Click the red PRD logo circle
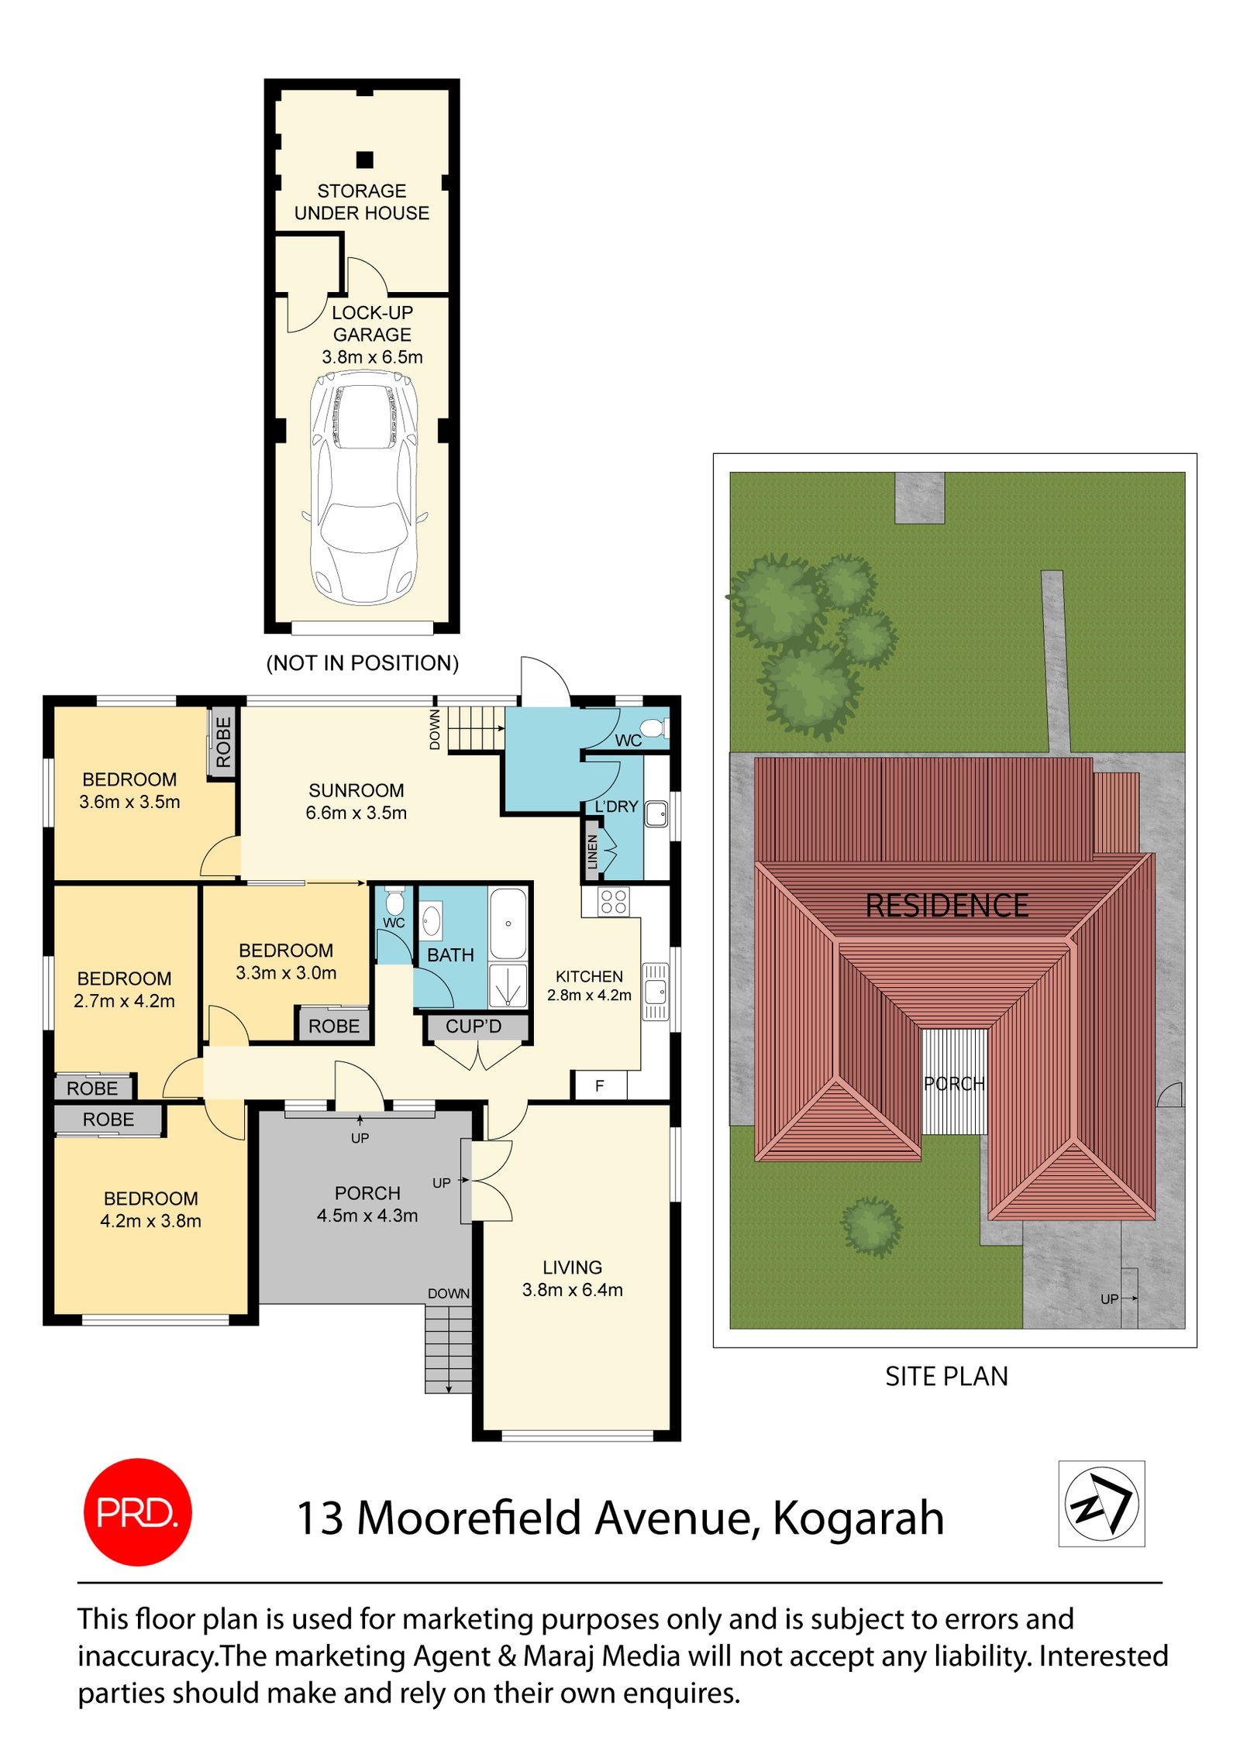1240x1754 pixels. (x=137, y=1512)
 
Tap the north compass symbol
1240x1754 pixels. (x=1100, y=1503)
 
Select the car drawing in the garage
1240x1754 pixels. (x=363, y=487)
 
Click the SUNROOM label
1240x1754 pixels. (x=356, y=790)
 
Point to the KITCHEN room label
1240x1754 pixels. (x=589, y=976)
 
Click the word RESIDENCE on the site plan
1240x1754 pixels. (x=947, y=906)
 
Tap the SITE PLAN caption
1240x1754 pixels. (x=946, y=1376)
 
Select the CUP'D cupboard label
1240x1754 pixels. (x=474, y=1027)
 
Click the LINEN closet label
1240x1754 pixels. (x=592, y=851)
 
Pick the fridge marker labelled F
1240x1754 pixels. (x=599, y=1086)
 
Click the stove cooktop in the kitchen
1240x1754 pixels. (x=613, y=902)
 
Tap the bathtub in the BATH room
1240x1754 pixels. (x=508, y=924)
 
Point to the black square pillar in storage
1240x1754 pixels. (x=365, y=160)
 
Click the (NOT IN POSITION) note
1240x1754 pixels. (x=363, y=663)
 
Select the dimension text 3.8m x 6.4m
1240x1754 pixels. (x=572, y=1290)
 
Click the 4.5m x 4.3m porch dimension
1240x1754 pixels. (x=367, y=1216)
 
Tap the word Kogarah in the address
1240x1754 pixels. (x=858, y=1518)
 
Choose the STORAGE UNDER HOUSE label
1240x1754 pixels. (x=362, y=201)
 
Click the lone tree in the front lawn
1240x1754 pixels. (x=872, y=1226)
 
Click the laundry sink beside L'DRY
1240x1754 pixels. (x=656, y=813)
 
